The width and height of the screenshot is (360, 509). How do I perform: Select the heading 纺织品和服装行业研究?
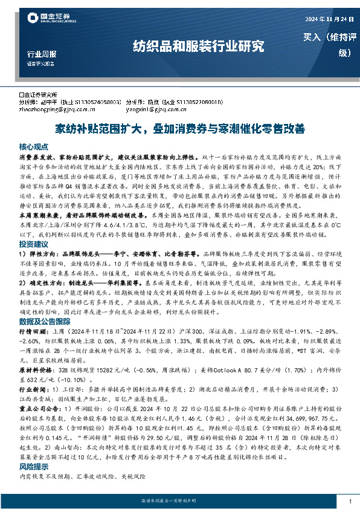(x=198, y=45)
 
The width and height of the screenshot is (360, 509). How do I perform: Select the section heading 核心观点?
(x=33, y=147)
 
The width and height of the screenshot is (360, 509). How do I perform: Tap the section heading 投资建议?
(x=33, y=244)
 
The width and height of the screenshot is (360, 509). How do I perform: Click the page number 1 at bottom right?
(x=350, y=502)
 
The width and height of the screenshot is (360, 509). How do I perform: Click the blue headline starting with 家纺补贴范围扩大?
(x=180, y=128)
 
